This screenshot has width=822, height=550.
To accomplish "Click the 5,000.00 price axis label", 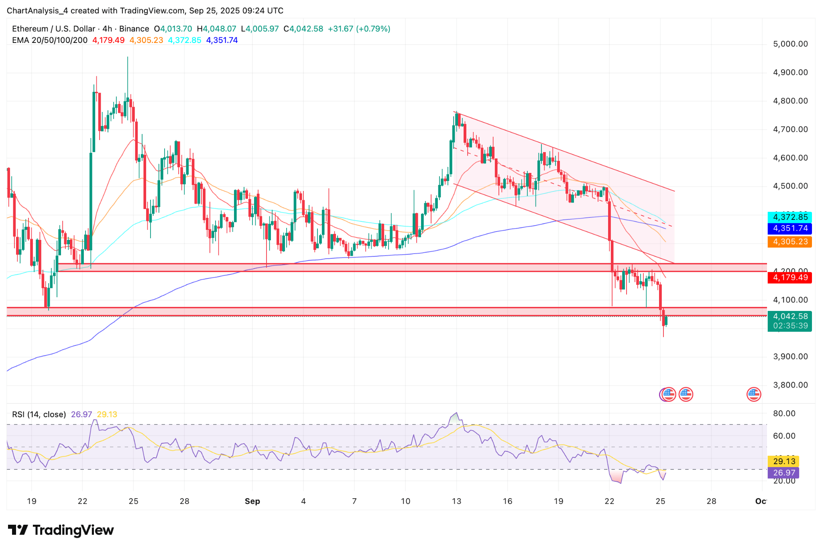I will click(x=790, y=44).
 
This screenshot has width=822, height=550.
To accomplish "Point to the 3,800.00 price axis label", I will click(x=790, y=385).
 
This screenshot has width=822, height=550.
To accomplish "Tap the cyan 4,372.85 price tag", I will click(x=789, y=217).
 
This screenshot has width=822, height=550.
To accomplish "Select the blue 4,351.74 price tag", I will click(x=789, y=228).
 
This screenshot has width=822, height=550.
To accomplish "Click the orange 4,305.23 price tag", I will click(x=789, y=242).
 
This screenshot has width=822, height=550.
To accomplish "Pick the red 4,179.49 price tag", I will click(x=789, y=278).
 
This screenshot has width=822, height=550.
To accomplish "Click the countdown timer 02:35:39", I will click(x=789, y=326).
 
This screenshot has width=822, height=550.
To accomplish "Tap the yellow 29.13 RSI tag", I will click(x=783, y=461).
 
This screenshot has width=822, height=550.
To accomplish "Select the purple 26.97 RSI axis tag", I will click(x=783, y=473).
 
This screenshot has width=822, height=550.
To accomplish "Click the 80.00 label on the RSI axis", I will click(x=784, y=414).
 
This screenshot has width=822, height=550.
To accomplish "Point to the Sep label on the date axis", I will click(x=252, y=501).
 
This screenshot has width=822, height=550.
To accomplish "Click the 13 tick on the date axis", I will click(x=456, y=501).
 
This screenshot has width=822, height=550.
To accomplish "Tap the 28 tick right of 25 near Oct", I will click(x=711, y=501).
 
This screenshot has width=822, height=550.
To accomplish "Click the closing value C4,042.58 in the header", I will click(x=303, y=29).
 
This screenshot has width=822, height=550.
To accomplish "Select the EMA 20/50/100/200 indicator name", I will click(x=50, y=40).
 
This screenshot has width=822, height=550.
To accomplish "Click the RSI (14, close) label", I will click(x=39, y=414).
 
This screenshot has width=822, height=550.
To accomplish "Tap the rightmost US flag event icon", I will click(x=753, y=394).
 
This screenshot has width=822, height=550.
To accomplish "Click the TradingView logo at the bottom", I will click(x=61, y=530).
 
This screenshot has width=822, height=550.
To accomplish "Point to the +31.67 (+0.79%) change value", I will click(x=359, y=29).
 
